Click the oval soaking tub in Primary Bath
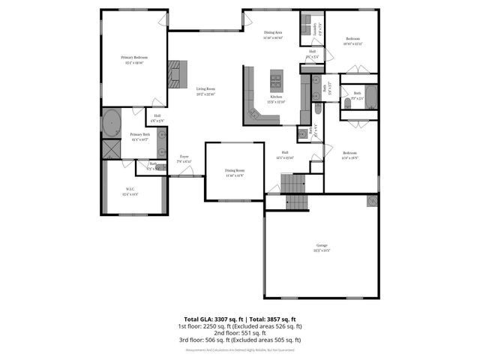point(112,122)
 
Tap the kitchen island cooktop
point(277,77)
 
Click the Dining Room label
point(235,172)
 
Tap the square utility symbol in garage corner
point(372,200)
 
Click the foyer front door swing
point(187,172)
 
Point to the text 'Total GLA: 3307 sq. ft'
point(211,319)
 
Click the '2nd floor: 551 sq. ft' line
point(240,333)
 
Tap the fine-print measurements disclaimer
point(240,349)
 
